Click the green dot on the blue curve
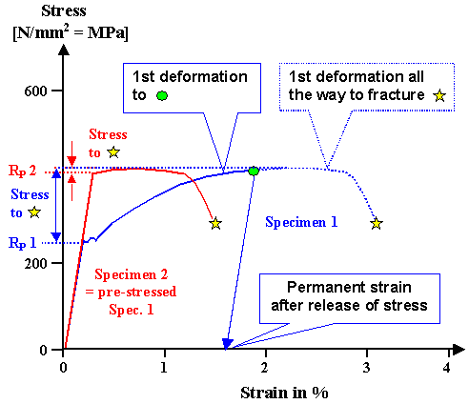tap(254, 172)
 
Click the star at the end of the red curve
tap(215, 223)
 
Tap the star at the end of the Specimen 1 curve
tap(377, 223)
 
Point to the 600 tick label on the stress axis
tap(37, 91)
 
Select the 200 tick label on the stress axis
tap(37, 263)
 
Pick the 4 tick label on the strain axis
tap(446, 367)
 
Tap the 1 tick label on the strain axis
tap(165, 367)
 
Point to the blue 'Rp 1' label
tap(22, 243)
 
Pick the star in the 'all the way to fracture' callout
tap(439, 95)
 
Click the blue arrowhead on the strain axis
tap(228, 344)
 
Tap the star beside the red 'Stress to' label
tap(113, 151)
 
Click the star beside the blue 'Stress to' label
tap(34, 212)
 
